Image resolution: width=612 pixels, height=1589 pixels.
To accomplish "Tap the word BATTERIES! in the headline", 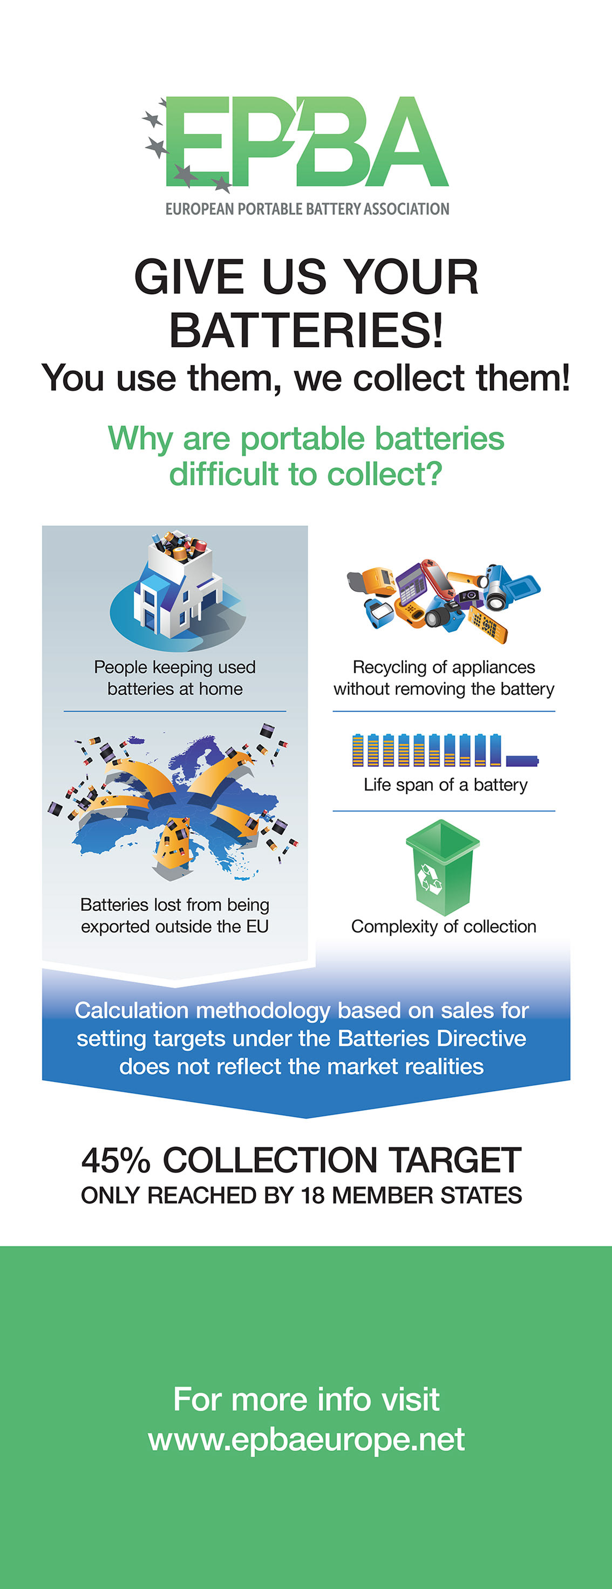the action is tap(307, 329).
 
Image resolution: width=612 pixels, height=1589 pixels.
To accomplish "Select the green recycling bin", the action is tap(443, 866).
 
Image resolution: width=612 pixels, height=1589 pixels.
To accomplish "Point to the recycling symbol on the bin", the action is tap(430, 878).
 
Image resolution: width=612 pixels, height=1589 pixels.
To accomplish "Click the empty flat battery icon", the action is tap(521, 760).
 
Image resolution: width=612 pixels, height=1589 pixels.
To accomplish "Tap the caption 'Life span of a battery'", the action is tap(445, 785).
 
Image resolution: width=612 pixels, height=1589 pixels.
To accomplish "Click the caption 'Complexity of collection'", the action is tap(444, 926).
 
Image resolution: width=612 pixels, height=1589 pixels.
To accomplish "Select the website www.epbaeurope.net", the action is tap(307, 1439).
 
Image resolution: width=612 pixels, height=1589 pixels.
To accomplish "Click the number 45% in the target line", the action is tap(116, 1160).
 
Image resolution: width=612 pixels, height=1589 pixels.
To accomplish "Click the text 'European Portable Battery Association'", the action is tap(307, 209).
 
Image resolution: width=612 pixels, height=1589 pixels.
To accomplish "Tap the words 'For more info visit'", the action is tap(307, 1398).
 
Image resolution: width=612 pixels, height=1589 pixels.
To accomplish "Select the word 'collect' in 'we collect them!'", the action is tap(408, 377).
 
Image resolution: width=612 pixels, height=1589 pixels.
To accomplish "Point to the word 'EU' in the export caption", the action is tap(257, 926).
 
